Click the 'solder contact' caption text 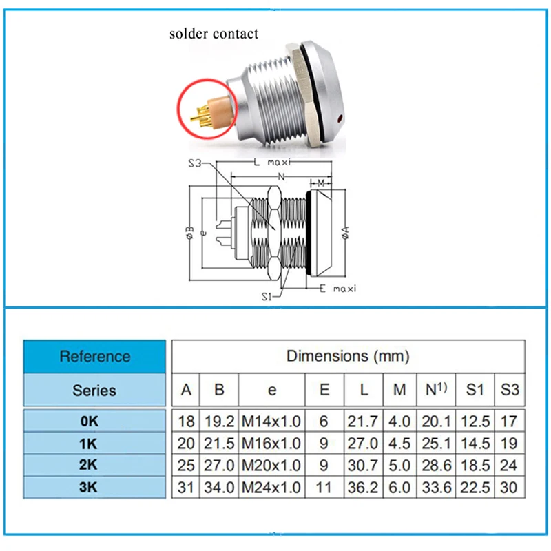point(214,33)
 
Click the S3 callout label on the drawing point(196,163)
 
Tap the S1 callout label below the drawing point(269,296)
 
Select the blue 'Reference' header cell point(94,356)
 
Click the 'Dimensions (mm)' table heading point(348,356)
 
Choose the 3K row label point(94,488)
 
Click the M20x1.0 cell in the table point(272,465)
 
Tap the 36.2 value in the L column point(365,488)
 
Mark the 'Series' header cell point(94,390)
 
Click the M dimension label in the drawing point(321,183)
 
